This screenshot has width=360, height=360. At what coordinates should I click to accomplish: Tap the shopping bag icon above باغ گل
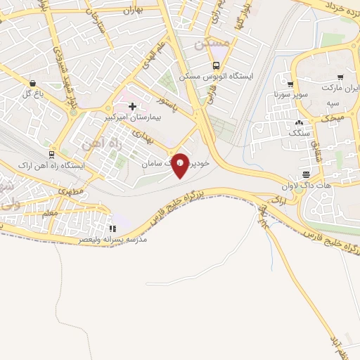click(x=32, y=83)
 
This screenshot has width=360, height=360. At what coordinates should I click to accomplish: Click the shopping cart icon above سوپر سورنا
click(x=290, y=84)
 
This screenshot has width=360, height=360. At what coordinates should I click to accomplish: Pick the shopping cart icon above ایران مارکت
click(x=340, y=78)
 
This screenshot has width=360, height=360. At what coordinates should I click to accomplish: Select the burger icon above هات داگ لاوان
click(x=306, y=174)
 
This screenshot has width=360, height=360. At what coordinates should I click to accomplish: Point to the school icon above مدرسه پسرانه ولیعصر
click(x=112, y=229)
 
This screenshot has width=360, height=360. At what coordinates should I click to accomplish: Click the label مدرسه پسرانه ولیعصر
click(x=113, y=240)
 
